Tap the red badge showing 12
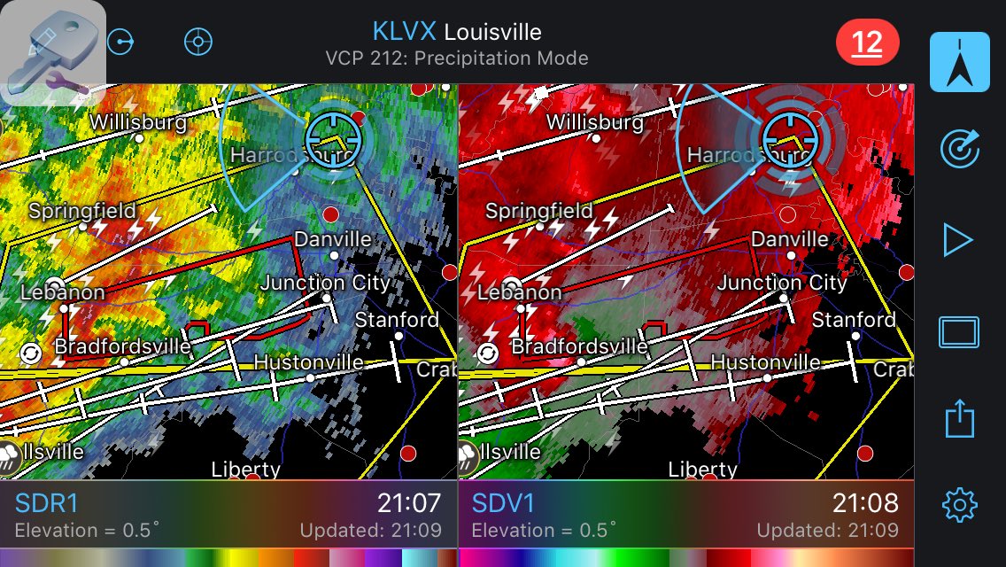(867, 43)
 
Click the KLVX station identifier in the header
(404, 32)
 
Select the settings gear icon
(959, 504)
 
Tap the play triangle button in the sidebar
(958, 240)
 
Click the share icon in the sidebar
(959, 417)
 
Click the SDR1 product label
(47, 504)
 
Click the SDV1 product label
(503, 504)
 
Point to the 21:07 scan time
(408, 504)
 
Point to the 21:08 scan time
(865, 504)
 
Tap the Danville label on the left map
(333, 240)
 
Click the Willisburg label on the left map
(138, 122)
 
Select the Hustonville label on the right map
(765, 362)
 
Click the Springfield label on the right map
(538, 212)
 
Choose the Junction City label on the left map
(325, 283)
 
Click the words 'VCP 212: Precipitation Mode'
(456, 58)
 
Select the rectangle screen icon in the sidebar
(959, 333)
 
